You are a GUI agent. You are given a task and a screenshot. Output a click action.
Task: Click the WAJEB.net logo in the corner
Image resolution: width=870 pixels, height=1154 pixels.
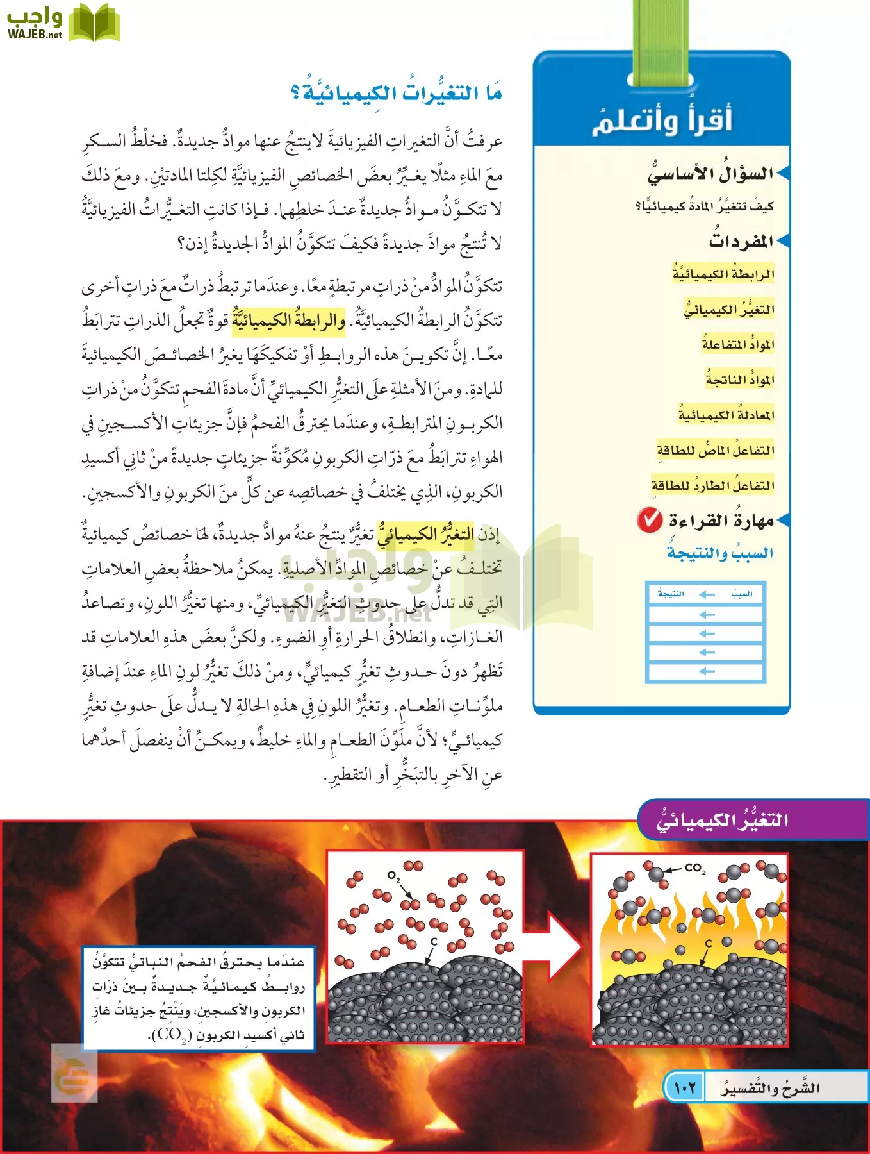[63, 23]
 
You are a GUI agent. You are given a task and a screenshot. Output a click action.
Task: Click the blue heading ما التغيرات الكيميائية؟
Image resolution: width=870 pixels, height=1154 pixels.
[396, 94]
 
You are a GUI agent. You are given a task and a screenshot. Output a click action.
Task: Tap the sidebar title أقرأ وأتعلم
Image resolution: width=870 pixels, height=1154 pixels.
[662, 119]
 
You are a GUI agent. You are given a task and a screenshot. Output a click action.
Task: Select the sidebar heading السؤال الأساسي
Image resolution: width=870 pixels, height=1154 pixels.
[710, 173]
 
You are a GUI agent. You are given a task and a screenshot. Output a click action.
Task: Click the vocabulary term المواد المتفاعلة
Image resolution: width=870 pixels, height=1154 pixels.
[738, 344]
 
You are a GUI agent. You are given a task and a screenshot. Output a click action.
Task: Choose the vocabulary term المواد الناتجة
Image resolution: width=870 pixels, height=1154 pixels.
[740, 380]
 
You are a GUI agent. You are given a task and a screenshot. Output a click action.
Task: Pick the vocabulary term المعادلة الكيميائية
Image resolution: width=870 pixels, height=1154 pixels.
[726, 415]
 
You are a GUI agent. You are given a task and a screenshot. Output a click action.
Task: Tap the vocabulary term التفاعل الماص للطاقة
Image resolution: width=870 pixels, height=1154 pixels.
[716, 450]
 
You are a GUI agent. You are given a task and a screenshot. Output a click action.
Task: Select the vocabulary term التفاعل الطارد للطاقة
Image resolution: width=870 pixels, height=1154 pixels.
[713, 485]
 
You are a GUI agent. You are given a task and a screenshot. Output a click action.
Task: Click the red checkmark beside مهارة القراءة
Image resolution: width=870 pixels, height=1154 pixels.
[650, 520]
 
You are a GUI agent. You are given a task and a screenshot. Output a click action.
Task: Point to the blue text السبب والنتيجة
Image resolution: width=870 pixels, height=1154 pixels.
[720, 553]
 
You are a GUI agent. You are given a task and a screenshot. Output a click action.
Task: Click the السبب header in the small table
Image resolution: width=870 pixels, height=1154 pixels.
[741, 594]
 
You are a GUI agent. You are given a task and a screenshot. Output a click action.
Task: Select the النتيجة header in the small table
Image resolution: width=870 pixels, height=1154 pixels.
[671, 594]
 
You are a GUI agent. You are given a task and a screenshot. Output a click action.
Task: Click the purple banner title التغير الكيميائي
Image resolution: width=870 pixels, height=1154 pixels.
[723, 820]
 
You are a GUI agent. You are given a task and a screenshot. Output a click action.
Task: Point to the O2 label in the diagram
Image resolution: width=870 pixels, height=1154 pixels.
[393, 876]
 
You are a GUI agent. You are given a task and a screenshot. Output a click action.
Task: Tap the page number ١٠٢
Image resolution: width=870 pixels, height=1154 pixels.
[684, 1088]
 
